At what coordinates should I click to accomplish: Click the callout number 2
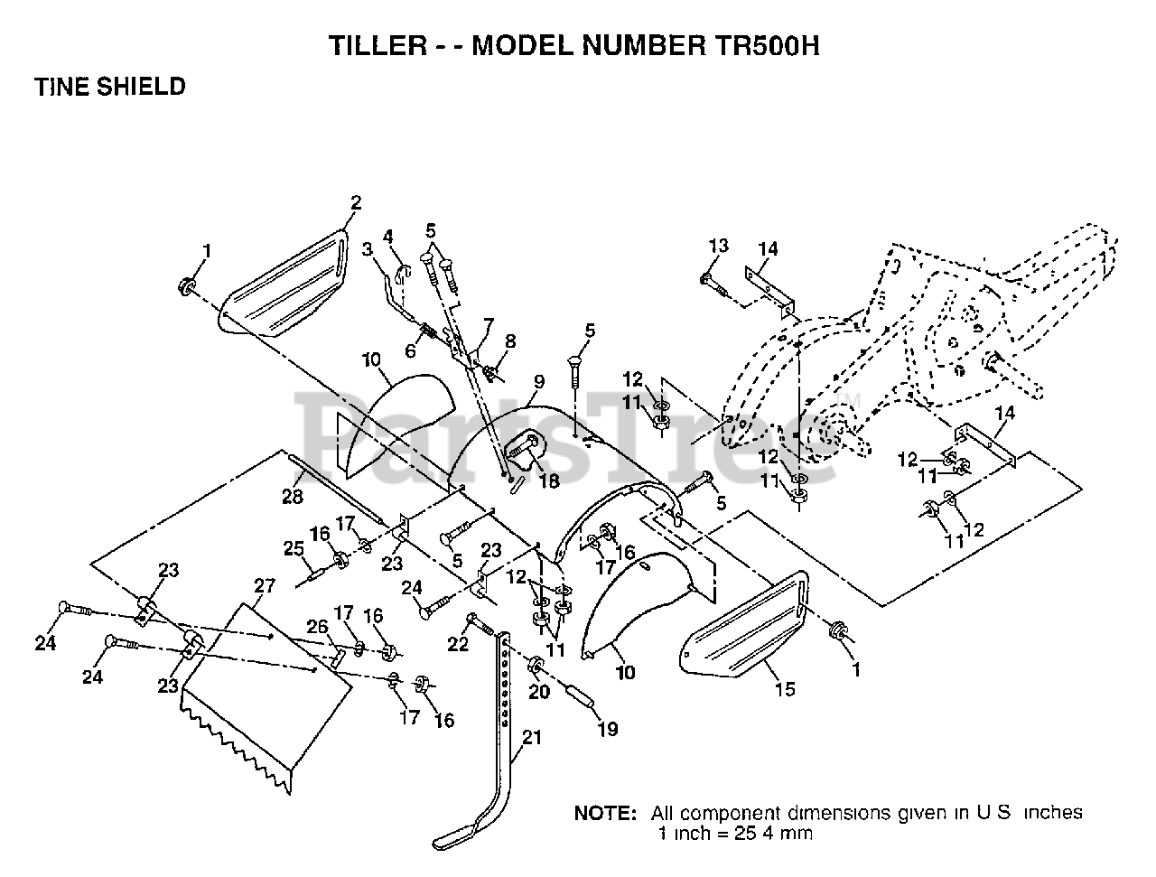(x=356, y=202)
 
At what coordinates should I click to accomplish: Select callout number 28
(x=293, y=496)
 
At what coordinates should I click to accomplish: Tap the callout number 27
(x=265, y=585)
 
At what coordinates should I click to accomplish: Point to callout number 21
(x=531, y=737)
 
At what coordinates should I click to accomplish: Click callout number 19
(x=607, y=729)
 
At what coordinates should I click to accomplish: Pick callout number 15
(x=785, y=689)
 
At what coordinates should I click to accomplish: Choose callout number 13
(x=718, y=245)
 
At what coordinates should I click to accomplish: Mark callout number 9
(x=539, y=381)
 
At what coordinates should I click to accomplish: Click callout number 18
(x=548, y=480)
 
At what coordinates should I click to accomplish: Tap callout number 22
(x=458, y=643)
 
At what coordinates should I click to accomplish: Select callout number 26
(x=318, y=626)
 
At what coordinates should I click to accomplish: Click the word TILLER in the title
(x=378, y=45)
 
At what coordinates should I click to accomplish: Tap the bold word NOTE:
(x=605, y=813)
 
